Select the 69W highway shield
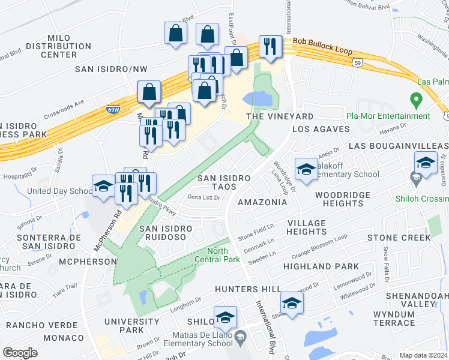(x=113, y=110)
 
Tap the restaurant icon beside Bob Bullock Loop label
(x=270, y=47)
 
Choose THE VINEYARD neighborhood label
(x=280, y=116)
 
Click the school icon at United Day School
(x=103, y=186)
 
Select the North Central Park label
(x=223, y=255)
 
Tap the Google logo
(x=20, y=353)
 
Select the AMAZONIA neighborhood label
(x=262, y=202)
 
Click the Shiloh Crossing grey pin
(x=414, y=178)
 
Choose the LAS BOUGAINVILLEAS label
(x=399, y=146)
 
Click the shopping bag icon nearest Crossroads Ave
(x=149, y=93)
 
